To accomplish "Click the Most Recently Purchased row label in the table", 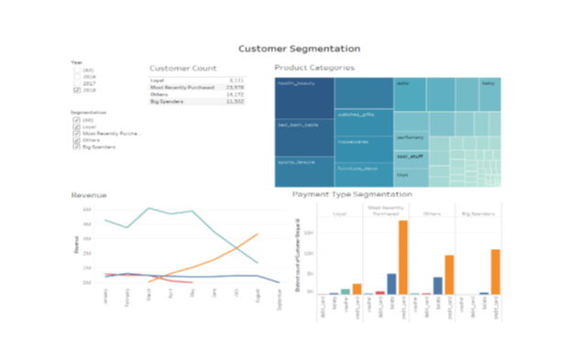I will tap(182, 87).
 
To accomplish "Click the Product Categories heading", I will tap(314, 68).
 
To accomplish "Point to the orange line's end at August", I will tap(258, 235).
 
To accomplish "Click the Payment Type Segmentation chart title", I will tap(351, 194).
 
